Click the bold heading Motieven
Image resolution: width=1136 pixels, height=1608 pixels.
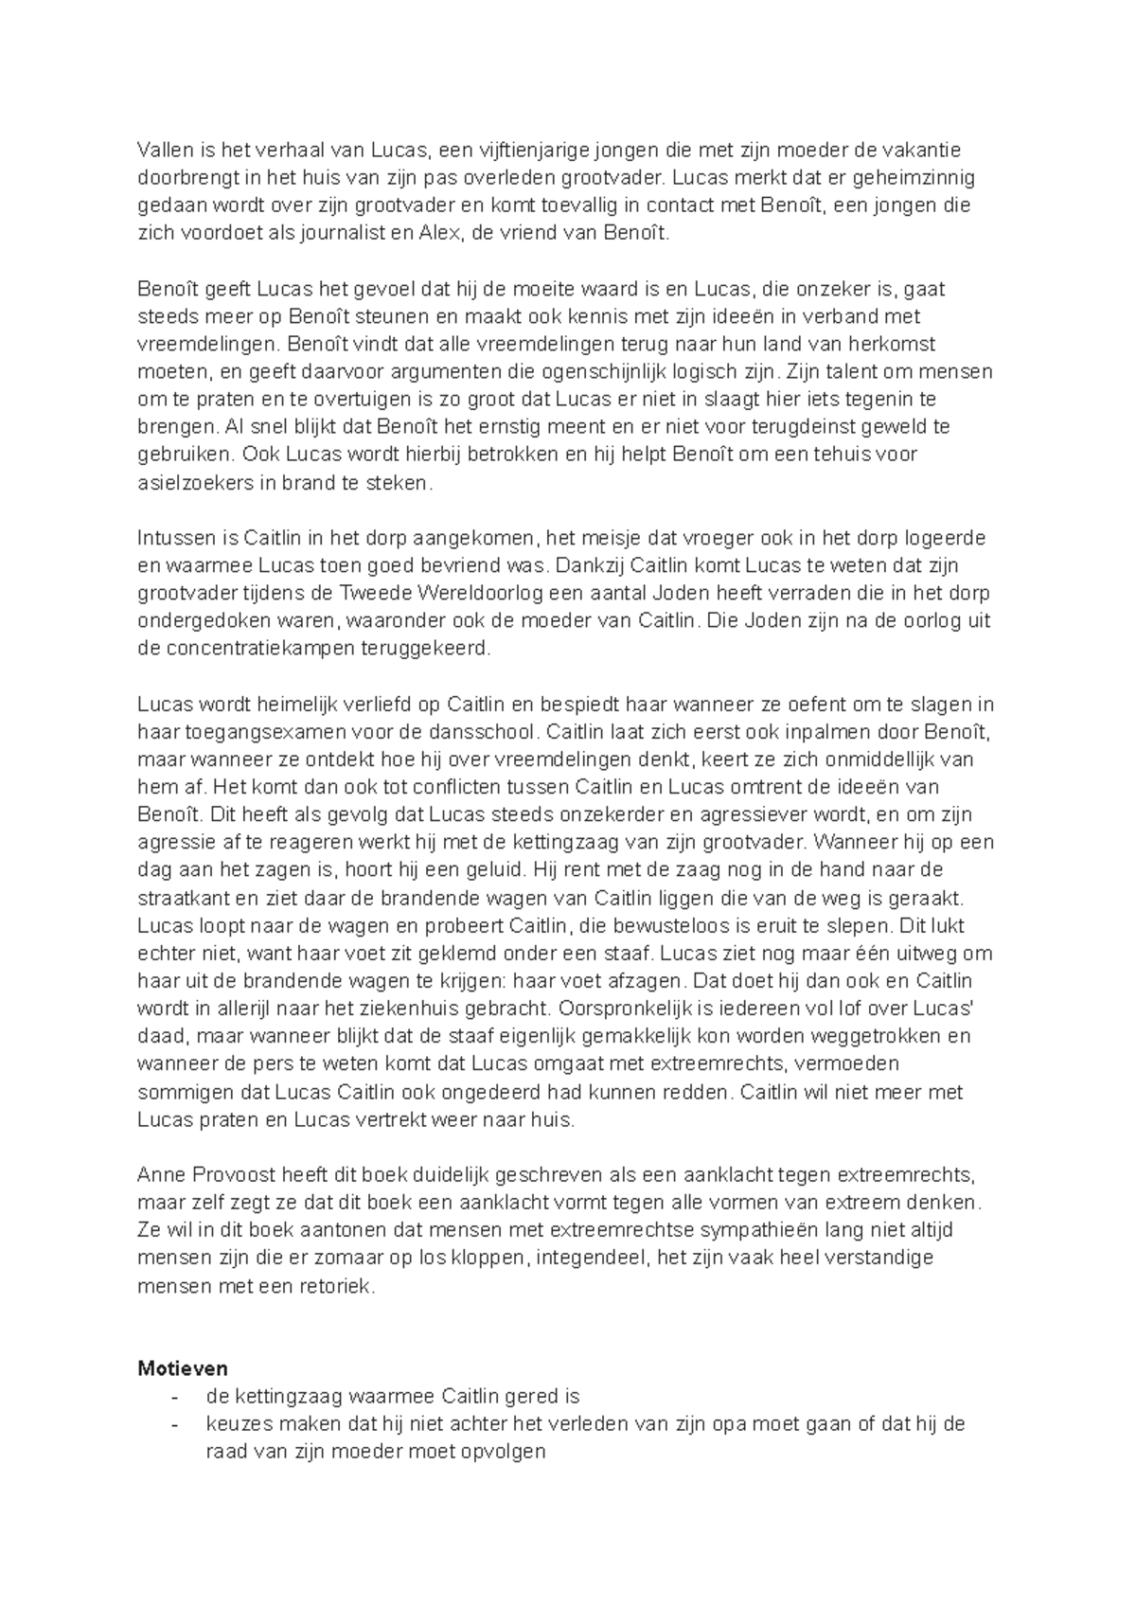coord(182,1369)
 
